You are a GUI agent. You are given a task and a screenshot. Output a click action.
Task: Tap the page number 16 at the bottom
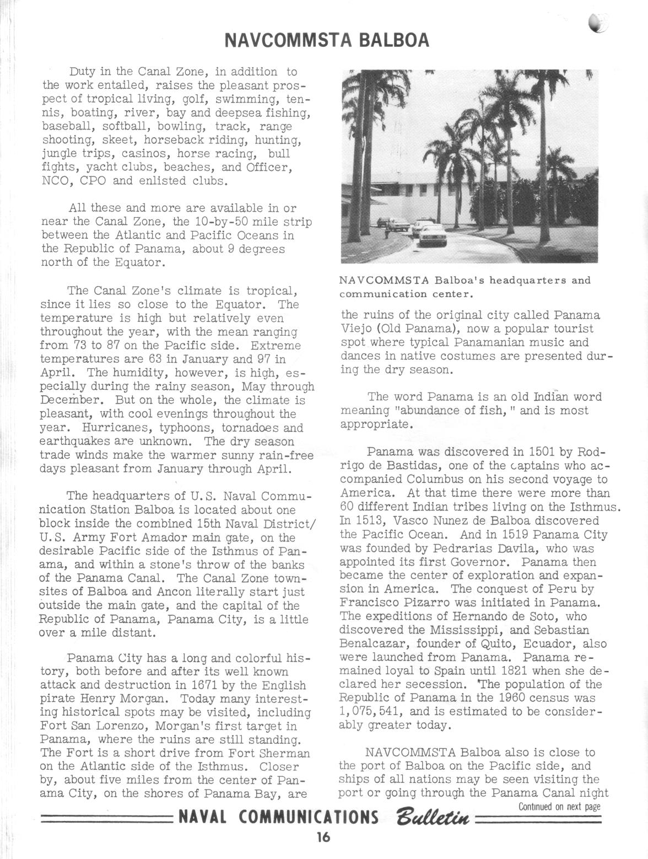pyautogui.click(x=323, y=837)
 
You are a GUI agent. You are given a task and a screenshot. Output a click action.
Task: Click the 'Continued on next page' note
pyautogui.click(x=559, y=807)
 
